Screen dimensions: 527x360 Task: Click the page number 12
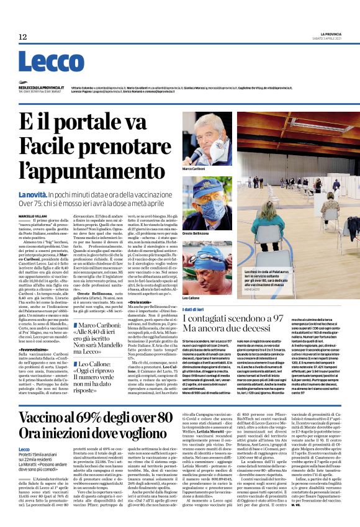[x=23, y=37]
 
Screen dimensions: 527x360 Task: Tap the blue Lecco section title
[x=50, y=61]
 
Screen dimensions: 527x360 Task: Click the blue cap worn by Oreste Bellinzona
[x=205, y=186]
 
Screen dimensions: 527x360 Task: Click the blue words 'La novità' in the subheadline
[x=35, y=195]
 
